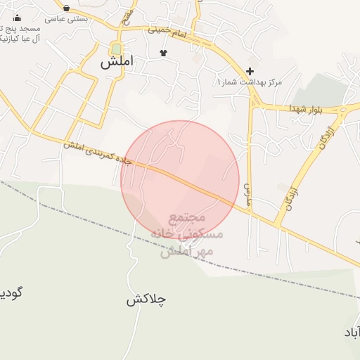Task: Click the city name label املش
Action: (x=116, y=62)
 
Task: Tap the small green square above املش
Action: (x=115, y=48)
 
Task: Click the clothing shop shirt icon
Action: (x=164, y=53)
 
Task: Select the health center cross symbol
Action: (x=250, y=71)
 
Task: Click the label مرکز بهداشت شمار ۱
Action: (x=250, y=82)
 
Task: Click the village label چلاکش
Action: (x=146, y=300)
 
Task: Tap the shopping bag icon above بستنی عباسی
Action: (x=66, y=8)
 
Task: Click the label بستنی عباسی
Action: (x=66, y=18)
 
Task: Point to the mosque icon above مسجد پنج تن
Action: (x=17, y=18)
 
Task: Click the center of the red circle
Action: (x=180, y=180)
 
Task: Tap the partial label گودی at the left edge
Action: (x=10, y=292)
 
